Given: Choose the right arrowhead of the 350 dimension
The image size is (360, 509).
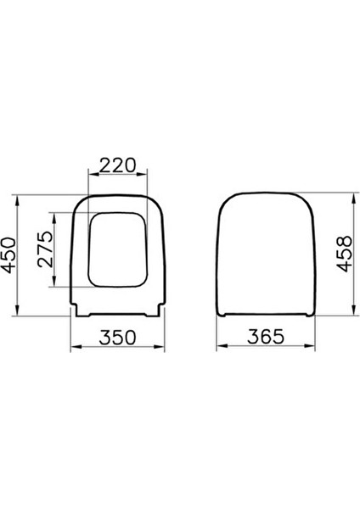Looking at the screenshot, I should click(x=162, y=348).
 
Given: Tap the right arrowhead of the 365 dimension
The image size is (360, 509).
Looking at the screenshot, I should click(x=312, y=348).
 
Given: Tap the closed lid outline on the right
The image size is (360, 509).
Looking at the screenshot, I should click(x=265, y=255).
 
